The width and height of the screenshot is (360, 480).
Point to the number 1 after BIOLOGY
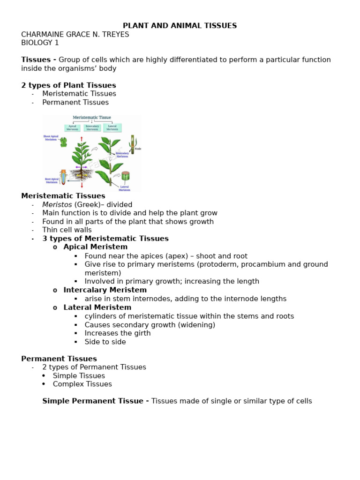[57, 43]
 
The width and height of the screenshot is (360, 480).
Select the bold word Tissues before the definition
[36, 60]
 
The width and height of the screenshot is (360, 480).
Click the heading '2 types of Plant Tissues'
[68, 85]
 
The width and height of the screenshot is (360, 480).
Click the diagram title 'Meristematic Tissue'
[92, 118]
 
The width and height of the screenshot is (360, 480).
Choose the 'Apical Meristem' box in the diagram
[72, 127]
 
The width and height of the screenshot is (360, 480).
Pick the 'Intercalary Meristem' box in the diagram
[92, 127]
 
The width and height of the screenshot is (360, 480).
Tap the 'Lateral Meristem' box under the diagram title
[112, 127]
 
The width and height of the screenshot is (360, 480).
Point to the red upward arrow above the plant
[82, 139]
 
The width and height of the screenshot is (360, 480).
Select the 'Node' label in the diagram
[138, 149]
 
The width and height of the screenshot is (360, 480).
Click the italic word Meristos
[57, 204]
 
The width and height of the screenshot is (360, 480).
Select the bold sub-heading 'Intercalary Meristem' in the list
[98, 290]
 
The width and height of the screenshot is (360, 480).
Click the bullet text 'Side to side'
[105, 342]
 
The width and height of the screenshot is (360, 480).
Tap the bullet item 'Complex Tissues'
[82, 384]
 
